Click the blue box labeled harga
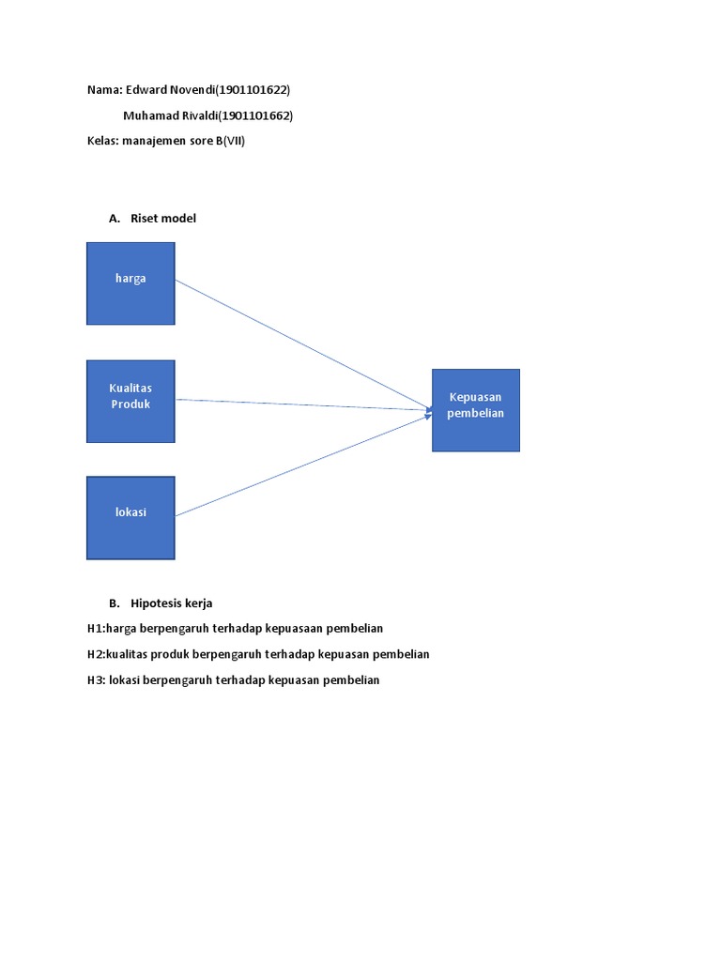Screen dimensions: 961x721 tap(130, 283)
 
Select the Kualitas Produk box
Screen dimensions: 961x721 tap(130, 401)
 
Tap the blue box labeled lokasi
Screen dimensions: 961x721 tap(130, 517)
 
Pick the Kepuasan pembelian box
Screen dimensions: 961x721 tap(476, 410)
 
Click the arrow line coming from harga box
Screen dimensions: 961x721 tap(300, 343)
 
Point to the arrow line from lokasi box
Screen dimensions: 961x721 tap(300, 465)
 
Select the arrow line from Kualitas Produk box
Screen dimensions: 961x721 tap(300, 404)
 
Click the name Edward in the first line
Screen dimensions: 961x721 tap(145, 90)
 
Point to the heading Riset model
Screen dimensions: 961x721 tap(163, 219)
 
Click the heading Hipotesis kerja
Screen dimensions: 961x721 tap(172, 603)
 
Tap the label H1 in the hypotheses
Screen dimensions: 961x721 tap(95, 628)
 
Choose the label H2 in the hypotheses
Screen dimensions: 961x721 tap(95, 654)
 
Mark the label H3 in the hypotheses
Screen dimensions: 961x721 tap(95, 680)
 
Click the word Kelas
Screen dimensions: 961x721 tap(101, 143)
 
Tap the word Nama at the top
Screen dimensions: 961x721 tap(103, 90)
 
